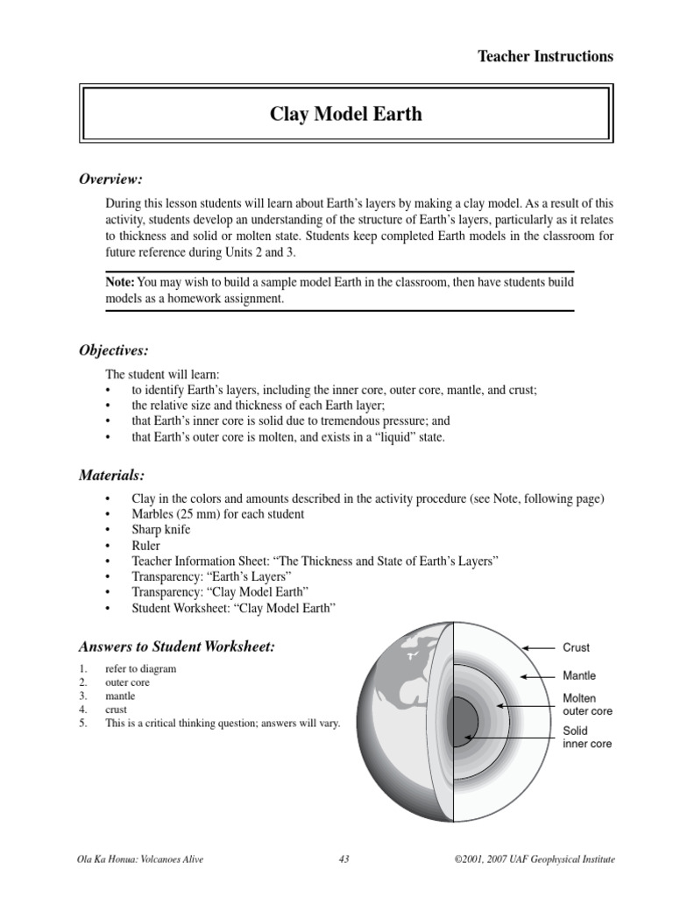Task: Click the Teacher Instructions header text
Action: (x=545, y=57)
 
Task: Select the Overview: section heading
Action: (x=110, y=180)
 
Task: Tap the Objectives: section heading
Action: (x=114, y=350)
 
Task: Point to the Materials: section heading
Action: (x=111, y=476)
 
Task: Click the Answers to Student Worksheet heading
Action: (x=177, y=647)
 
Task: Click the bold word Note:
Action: (x=120, y=282)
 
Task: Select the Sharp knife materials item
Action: (x=160, y=530)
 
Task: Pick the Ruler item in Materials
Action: (x=146, y=546)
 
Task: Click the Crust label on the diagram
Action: (x=576, y=648)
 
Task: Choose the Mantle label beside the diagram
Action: (x=578, y=676)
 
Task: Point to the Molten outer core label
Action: (x=587, y=705)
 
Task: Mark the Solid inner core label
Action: (x=586, y=738)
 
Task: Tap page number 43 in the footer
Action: (x=344, y=859)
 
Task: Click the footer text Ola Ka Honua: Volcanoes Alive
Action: (x=141, y=859)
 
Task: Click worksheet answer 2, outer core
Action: (x=128, y=682)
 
